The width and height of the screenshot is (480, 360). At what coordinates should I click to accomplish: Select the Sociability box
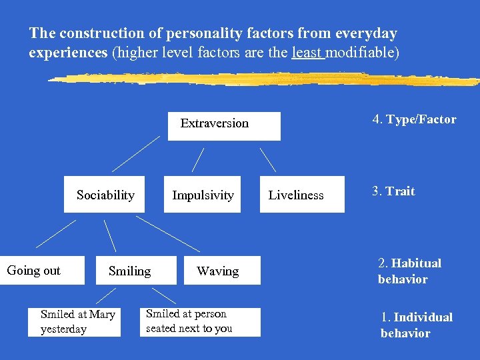(x=105, y=195)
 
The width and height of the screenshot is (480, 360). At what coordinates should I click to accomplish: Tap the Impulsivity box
(x=203, y=195)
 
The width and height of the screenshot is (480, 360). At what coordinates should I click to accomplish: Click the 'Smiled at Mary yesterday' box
(x=74, y=321)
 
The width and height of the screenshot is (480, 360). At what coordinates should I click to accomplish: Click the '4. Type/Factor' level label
(x=414, y=119)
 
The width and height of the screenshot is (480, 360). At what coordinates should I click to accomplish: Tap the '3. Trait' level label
(x=393, y=191)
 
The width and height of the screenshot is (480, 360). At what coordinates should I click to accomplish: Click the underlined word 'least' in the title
(x=307, y=52)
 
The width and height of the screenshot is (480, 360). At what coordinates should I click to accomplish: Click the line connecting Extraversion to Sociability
(x=136, y=153)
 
